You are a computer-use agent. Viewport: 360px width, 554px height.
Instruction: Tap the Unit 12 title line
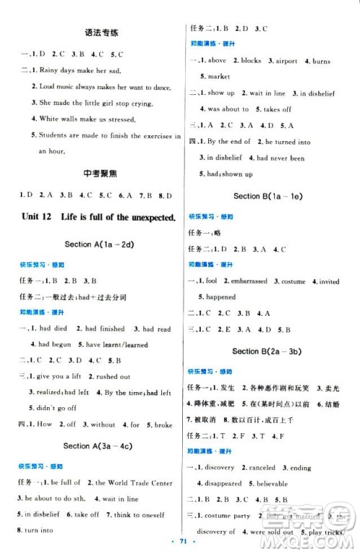coord(93,217)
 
